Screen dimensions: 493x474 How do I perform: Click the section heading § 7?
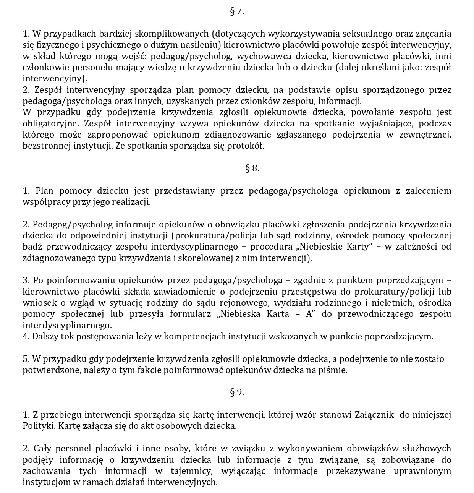point(237,11)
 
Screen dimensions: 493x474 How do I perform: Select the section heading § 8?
point(252,168)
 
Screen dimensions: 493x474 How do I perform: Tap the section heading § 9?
point(237,392)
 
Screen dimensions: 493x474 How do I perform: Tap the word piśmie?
point(335,370)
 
